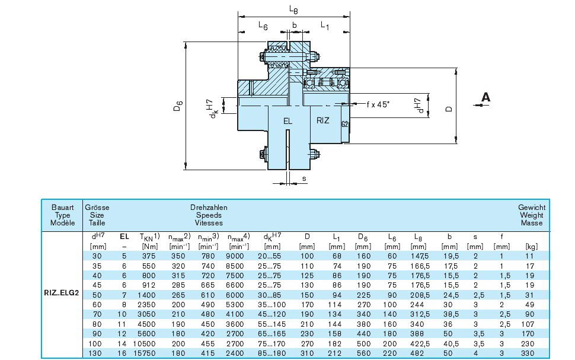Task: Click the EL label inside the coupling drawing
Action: point(287,121)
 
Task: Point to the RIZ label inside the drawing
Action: point(322,120)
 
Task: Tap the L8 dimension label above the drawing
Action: point(294,9)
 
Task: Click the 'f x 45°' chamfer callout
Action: point(378,104)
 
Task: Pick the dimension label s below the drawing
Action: point(304,178)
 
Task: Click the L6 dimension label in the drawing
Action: point(263,26)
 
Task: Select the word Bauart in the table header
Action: point(62,208)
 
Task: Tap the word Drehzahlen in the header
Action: point(209,208)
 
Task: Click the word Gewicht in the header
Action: point(531,208)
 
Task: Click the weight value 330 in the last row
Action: point(528,352)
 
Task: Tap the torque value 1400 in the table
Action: point(148,295)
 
